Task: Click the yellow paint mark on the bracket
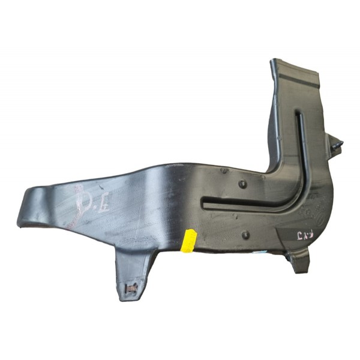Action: (x=190, y=241)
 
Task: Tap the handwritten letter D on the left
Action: (x=81, y=202)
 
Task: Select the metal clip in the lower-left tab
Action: (x=131, y=289)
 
